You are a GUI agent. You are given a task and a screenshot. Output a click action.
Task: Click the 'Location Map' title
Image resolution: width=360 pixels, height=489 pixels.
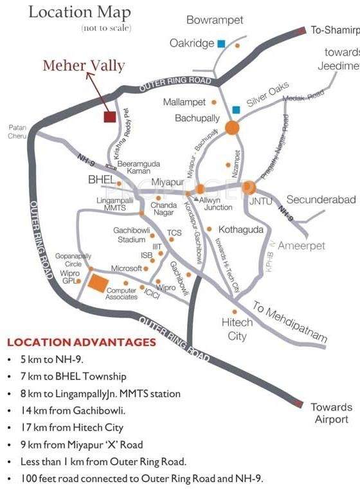[80, 12]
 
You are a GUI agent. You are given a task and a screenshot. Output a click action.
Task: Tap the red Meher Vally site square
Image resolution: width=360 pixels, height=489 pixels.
[110, 116]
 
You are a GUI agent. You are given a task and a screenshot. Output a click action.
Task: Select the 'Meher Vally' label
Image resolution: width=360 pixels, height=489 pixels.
[84, 66]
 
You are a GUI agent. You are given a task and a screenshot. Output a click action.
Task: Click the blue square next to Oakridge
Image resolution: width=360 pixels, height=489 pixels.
[221, 44]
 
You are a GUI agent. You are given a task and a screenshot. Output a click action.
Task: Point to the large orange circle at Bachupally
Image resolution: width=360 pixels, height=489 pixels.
[232, 127]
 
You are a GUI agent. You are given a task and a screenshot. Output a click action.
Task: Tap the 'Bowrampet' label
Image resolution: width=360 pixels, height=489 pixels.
[215, 21]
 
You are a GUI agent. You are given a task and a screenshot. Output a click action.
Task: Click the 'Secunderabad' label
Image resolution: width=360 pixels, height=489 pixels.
[321, 200]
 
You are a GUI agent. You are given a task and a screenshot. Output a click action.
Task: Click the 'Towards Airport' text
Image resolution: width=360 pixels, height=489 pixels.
[331, 413]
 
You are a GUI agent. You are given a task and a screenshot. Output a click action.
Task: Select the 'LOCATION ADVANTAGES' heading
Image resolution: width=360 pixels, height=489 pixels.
[82, 342]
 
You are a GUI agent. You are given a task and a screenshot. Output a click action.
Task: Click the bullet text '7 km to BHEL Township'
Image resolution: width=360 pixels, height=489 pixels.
[76, 376]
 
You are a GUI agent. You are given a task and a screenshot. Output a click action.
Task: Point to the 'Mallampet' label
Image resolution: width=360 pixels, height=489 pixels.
[184, 102]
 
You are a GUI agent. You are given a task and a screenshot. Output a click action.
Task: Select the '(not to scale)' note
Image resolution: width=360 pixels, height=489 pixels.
[106, 28]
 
